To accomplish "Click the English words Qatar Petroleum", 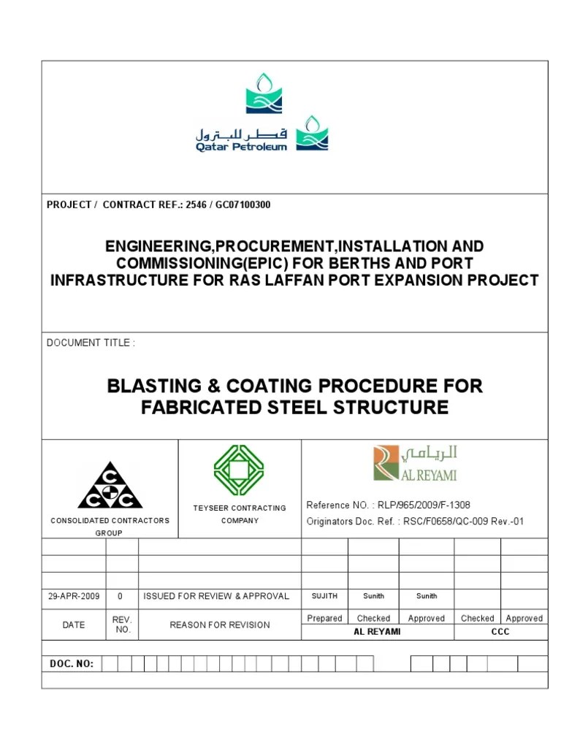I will click(x=241, y=147).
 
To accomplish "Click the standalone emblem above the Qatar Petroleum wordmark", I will click(x=264, y=93).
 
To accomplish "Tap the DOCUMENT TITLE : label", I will click(x=91, y=343).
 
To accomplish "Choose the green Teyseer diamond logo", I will click(x=239, y=470).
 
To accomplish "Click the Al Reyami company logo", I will click(x=415, y=465).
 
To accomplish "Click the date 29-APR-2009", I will click(x=74, y=596).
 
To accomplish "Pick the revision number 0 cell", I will click(x=121, y=596).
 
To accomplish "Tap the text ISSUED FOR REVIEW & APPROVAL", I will click(x=216, y=596).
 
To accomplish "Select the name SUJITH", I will click(x=324, y=596).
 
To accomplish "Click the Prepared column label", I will click(x=324, y=618).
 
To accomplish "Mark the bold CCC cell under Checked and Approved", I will click(x=500, y=632).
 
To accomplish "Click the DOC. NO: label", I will click(x=72, y=663).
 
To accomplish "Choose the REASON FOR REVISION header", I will click(x=219, y=625).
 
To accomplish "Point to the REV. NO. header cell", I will click(x=122, y=625).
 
